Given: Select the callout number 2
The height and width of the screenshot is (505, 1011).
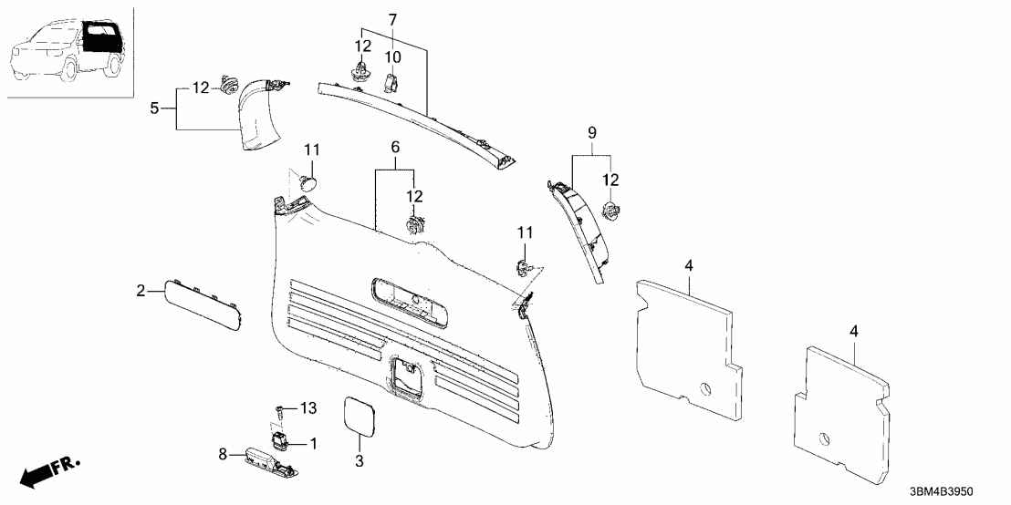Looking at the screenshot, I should [x=141, y=291].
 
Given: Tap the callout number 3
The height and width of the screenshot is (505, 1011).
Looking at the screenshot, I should [x=359, y=462].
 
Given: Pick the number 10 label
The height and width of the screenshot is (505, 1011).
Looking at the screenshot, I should [x=392, y=57].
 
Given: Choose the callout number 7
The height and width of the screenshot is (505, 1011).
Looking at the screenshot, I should [x=392, y=19].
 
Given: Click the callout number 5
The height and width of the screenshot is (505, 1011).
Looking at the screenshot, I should [x=156, y=108].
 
